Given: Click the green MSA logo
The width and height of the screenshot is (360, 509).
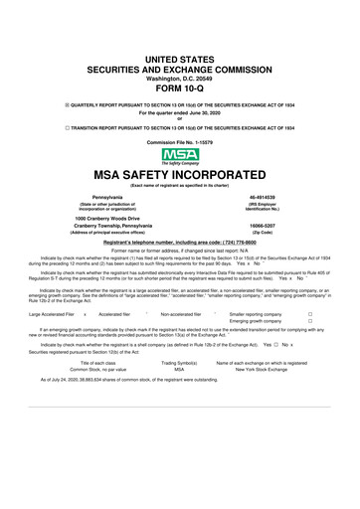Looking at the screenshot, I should point(180,158).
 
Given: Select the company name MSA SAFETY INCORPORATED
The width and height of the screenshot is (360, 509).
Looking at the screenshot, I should point(180,175).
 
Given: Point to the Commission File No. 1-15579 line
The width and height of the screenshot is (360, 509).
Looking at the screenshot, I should point(180,143).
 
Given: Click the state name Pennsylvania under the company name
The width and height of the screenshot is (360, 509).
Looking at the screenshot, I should point(82,199).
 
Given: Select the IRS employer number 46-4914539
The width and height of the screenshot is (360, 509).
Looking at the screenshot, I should point(278,199).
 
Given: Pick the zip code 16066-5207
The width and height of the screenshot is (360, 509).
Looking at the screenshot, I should point(278,226).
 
